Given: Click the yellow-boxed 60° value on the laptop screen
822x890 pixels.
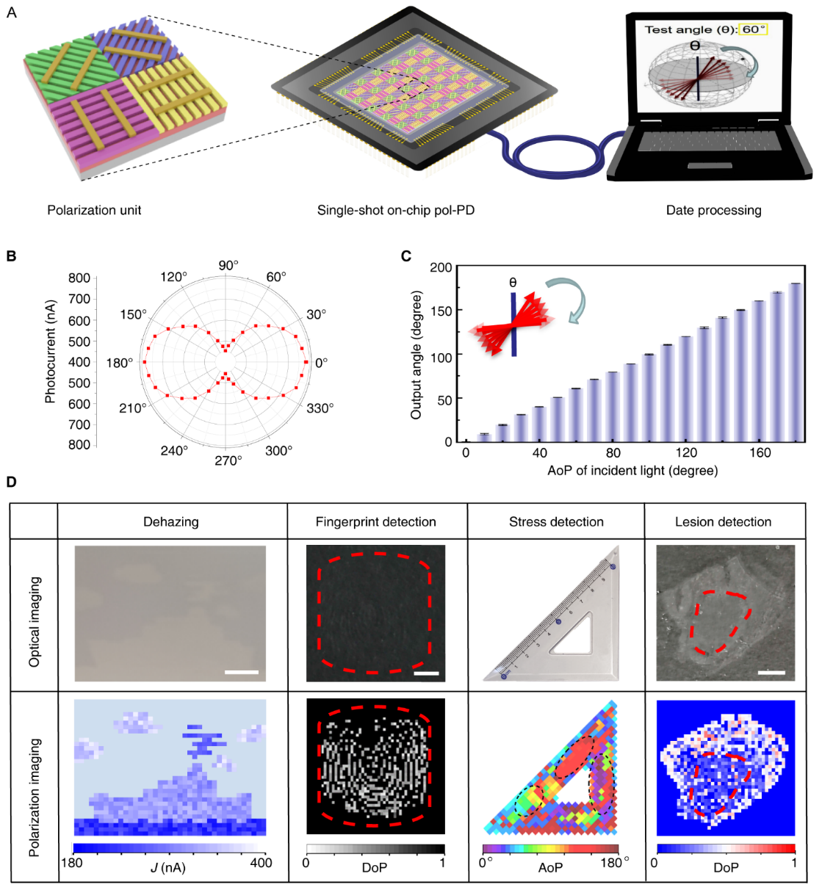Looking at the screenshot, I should (753, 29).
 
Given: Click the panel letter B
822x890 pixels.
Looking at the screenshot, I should (11, 256).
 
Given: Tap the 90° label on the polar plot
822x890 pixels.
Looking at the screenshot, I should (228, 265).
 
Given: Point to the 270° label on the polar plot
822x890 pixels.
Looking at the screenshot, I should (228, 460).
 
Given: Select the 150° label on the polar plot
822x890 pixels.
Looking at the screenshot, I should (133, 314).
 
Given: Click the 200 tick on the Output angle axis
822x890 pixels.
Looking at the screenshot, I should (441, 267).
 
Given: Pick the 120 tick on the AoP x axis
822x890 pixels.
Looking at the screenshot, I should (686, 452).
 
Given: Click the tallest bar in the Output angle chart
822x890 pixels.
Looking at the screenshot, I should (795, 362).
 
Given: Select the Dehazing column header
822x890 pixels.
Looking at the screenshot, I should (170, 522).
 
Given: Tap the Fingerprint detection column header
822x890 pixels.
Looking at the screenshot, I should (375, 522).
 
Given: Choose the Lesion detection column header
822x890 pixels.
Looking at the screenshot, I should (723, 522).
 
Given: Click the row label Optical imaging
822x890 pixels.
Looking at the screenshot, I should (35, 621).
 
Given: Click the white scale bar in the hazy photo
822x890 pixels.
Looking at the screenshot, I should (241, 672).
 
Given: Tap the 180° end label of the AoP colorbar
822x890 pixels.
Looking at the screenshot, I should (614, 863).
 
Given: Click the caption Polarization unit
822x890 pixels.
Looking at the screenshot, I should (94, 210).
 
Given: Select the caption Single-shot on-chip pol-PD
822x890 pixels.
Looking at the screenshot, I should (395, 210).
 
